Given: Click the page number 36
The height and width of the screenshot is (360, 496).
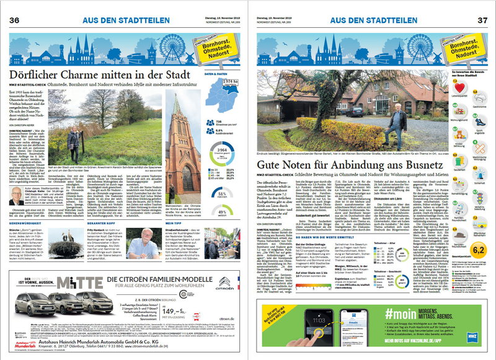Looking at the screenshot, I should tap(14, 20).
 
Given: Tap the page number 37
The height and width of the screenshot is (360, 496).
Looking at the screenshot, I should tap(480, 20).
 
